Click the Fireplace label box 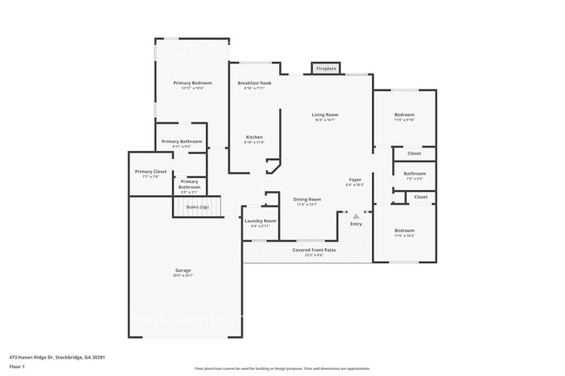tap(326, 68)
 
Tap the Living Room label tap(325, 115)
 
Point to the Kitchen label tap(254, 138)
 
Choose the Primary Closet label tap(150, 172)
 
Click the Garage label tap(183, 271)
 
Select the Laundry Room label tap(260, 221)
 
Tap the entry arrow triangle tap(356, 215)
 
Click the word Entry tap(356, 224)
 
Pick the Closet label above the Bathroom tap(415, 154)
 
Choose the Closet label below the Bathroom tap(420, 197)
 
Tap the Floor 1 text tap(17, 366)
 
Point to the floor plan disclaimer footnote tap(282, 368)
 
